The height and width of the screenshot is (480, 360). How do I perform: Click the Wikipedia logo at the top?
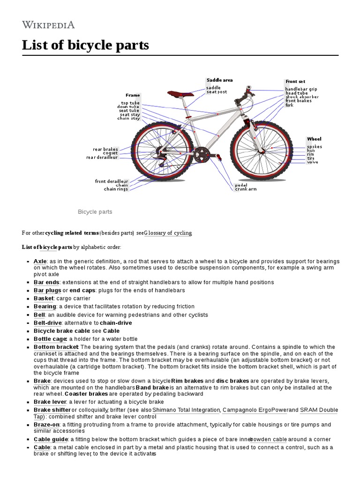tap(48, 24)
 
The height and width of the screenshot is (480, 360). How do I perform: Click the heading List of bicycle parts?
tap(85, 45)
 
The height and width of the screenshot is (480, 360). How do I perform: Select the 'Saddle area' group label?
tap(219, 80)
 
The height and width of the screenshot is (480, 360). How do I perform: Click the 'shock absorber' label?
tap(302, 97)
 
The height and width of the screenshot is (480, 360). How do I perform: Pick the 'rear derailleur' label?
tap(102, 157)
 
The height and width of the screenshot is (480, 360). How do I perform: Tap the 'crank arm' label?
tap(246, 189)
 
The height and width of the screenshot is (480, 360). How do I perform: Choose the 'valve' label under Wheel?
tap(313, 162)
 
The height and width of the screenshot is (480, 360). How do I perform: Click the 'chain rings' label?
tap(116, 189)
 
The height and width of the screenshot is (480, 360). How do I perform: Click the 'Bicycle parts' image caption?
tap(95, 212)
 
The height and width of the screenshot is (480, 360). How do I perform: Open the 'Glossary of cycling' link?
tap(168, 233)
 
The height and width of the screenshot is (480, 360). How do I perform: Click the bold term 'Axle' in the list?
tap(39, 261)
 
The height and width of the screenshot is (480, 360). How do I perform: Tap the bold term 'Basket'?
tap(44, 298)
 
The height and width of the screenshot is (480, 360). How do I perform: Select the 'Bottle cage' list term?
tap(50, 339)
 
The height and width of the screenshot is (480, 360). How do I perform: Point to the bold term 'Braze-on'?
tap(45, 425)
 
